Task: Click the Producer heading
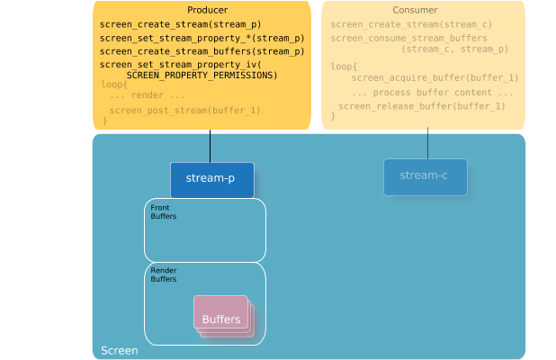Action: coord(202,9)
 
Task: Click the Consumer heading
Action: coord(423,9)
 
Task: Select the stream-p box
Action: coord(211,178)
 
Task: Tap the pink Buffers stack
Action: coord(221,317)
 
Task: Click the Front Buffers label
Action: coord(164,212)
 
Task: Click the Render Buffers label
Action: coord(164,274)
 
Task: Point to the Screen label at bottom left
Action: coord(119,350)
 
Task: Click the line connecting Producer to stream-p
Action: coord(211,147)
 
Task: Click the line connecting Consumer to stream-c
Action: coord(427,145)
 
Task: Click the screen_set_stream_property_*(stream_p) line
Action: coord(202,38)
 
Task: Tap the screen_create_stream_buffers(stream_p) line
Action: coord(202,51)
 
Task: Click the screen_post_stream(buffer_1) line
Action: coord(184,110)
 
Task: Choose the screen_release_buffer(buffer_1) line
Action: coord(421,106)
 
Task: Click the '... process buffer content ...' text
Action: coord(433,93)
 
